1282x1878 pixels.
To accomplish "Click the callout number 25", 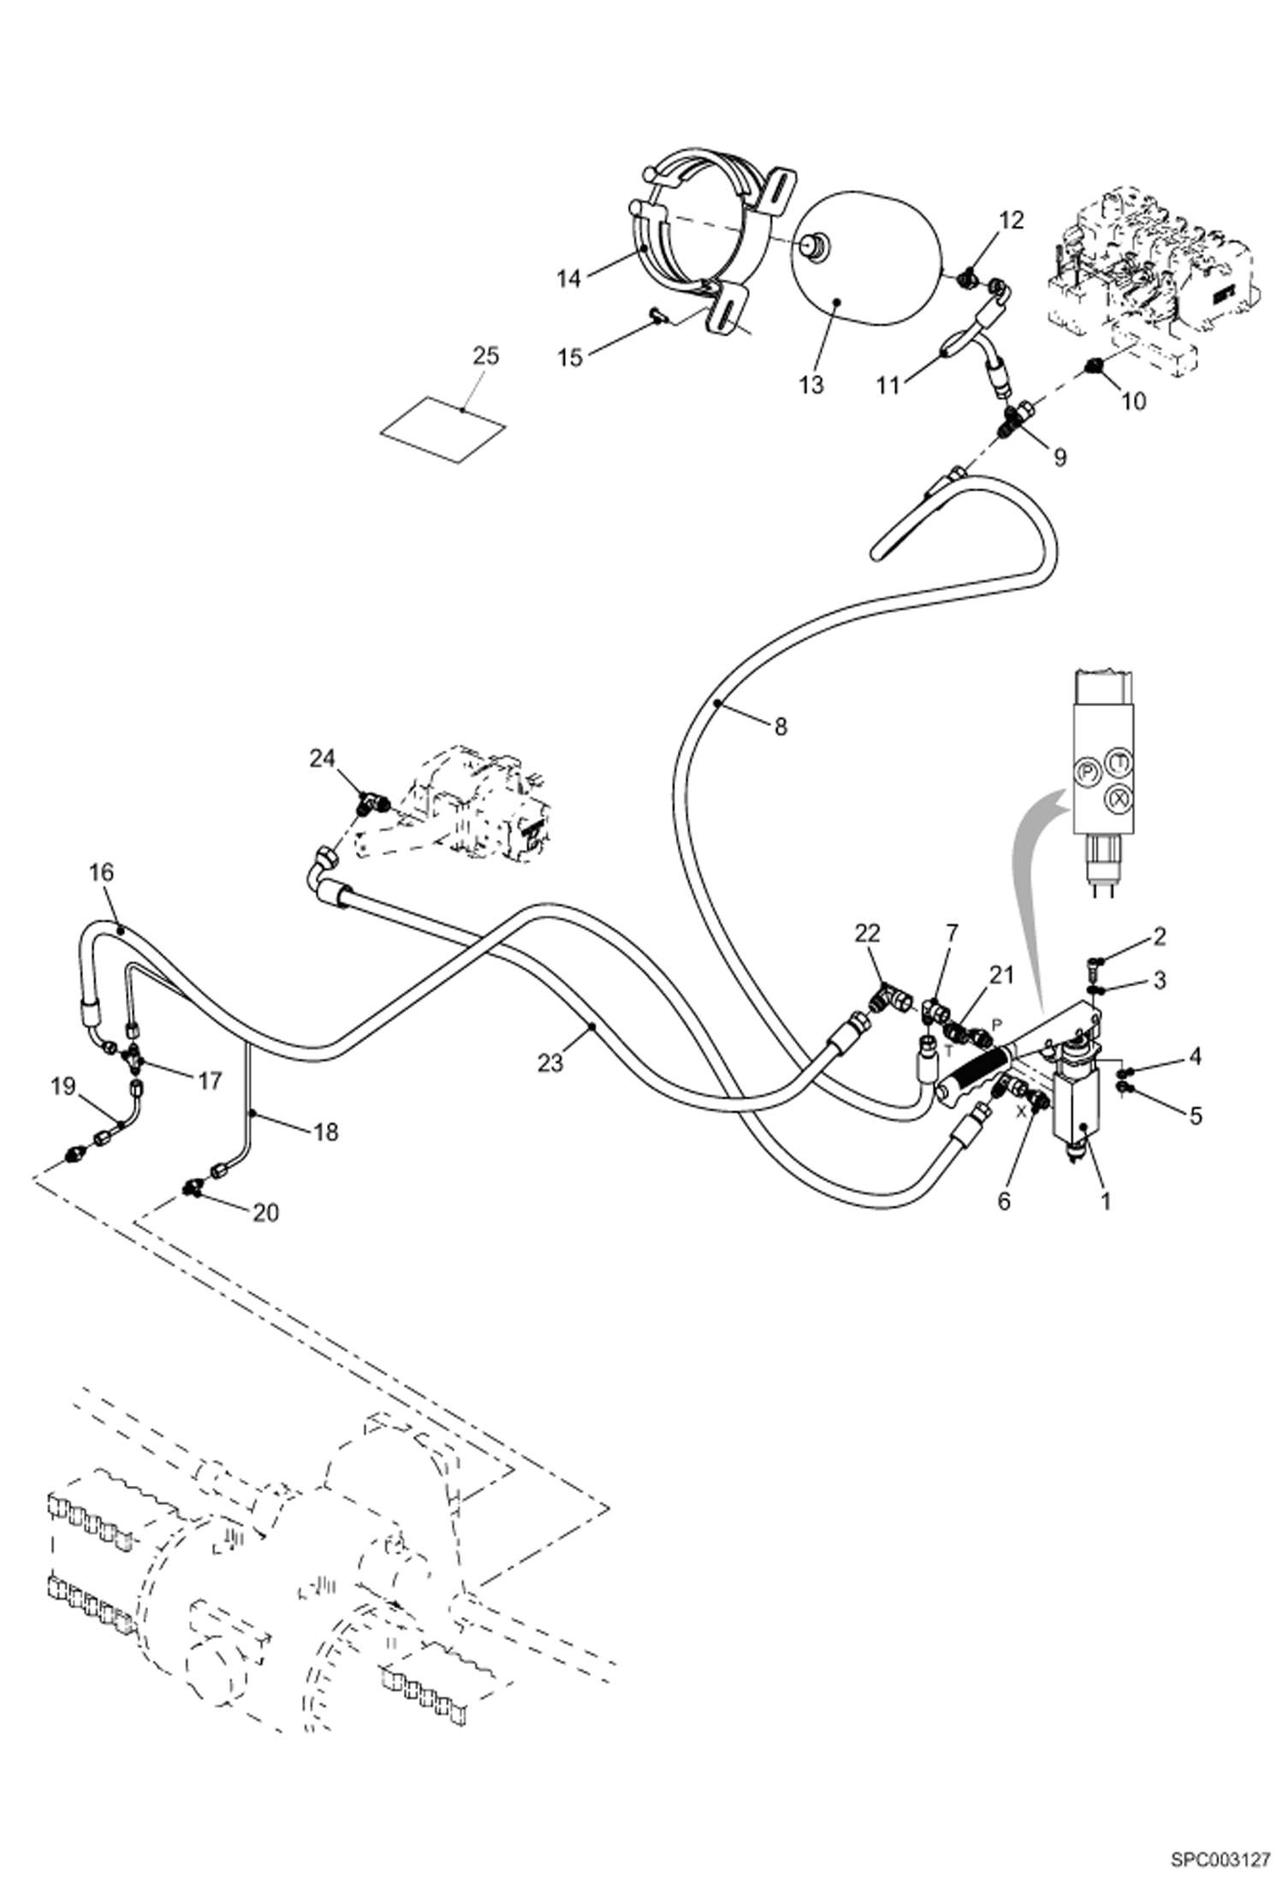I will pos(485,356).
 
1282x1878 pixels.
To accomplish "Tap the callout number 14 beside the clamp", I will pos(568,278).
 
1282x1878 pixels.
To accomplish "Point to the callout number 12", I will pos(1011,221).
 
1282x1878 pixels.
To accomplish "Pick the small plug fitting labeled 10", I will pos(1092,369).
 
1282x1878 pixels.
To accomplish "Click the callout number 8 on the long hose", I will pos(780,727).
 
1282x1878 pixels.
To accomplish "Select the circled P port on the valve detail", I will pos(1086,771).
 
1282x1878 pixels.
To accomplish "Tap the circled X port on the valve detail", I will pos(1118,798).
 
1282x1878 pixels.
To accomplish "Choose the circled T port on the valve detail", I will pos(1118,759).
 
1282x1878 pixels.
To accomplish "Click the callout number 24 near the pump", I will pos(322,758).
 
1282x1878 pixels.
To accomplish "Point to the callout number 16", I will pos(101,872).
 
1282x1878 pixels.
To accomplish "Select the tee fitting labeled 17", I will pos(134,1059).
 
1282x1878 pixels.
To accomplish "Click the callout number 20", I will pos(265,1213).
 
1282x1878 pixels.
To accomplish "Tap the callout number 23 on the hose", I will pos(550,1062).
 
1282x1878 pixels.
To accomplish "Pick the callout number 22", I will pos(867,933).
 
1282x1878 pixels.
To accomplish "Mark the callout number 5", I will pos(1195,1115).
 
